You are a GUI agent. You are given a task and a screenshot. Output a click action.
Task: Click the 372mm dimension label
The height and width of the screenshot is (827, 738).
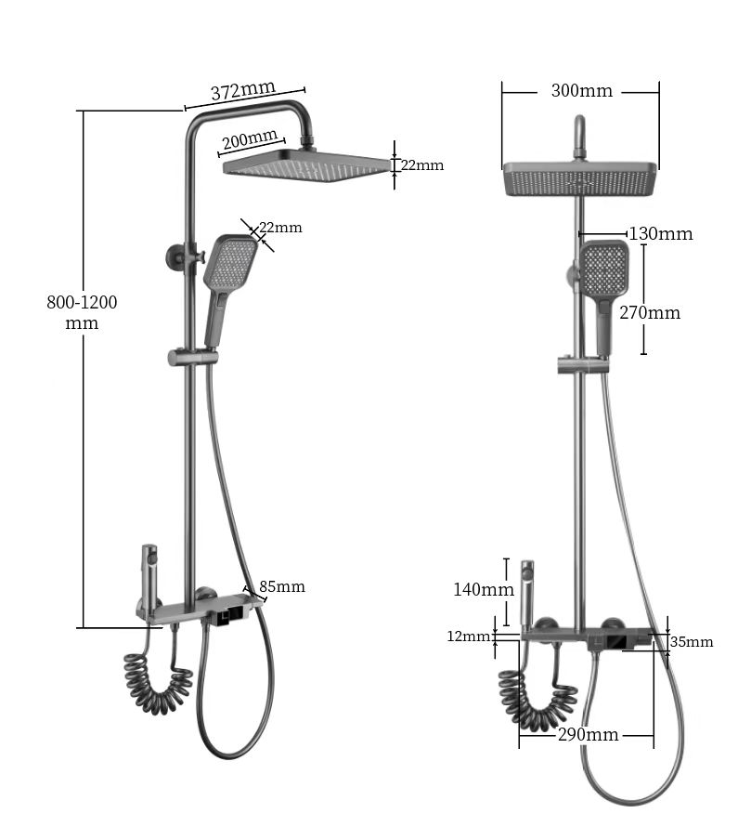point(243,90)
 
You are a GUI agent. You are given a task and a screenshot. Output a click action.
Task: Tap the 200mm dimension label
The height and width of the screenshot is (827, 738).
point(249,138)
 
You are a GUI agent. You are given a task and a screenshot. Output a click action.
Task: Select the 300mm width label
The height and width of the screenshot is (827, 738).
point(581,91)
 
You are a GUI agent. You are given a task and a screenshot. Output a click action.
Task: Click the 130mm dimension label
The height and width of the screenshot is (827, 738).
point(661,233)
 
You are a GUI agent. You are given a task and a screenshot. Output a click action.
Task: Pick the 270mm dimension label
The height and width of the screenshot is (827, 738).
point(650,313)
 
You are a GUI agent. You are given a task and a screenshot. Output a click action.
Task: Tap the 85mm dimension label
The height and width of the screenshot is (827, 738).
point(282,586)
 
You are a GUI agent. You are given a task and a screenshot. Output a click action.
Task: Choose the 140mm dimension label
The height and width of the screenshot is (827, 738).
point(484,589)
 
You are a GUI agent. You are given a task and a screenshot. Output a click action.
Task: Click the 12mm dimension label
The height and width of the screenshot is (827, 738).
point(468,637)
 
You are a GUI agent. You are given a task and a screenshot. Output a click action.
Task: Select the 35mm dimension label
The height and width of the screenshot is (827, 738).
point(691,642)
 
